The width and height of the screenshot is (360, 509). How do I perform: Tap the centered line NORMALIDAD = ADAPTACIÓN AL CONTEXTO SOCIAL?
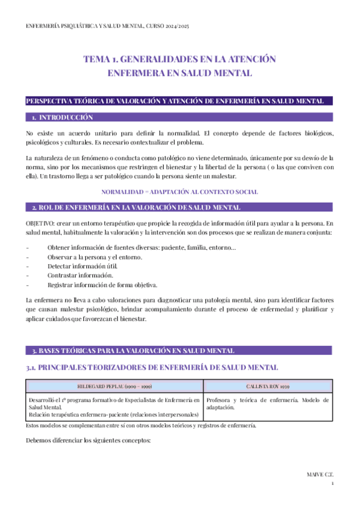click(x=179, y=192)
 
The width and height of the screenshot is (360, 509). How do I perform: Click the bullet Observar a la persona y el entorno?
click(x=94, y=258)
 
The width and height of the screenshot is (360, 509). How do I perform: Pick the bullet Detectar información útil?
click(x=83, y=267)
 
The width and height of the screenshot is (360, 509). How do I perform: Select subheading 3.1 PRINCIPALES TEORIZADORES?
click(x=152, y=367)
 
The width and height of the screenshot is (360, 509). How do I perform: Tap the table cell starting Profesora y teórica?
click(x=267, y=403)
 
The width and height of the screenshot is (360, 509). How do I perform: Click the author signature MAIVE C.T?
click(x=320, y=474)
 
